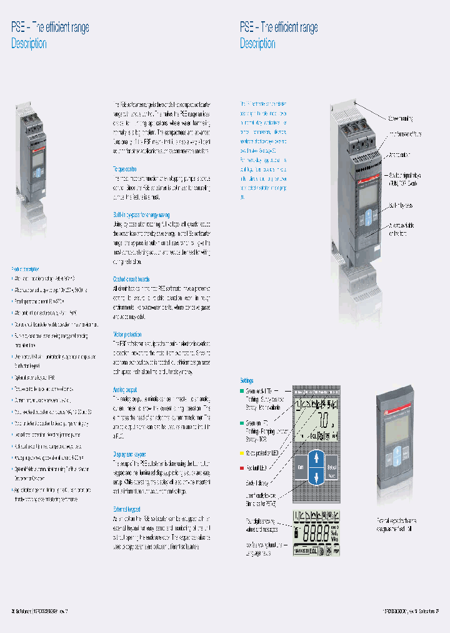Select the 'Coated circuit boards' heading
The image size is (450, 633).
click(x=131, y=279)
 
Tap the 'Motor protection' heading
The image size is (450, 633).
click(x=127, y=334)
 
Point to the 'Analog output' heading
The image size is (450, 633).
click(x=124, y=389)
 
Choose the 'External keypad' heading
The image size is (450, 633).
click(x=127, y=510)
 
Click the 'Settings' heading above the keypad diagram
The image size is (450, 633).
click(x=247, y=380)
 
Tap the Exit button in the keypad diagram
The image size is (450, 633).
click(x=300, y=466)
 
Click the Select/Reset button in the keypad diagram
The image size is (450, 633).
click(x=331, y=466)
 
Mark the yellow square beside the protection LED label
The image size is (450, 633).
click(x=242, y=451)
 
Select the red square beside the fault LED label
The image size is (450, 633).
click(x=242, y=467)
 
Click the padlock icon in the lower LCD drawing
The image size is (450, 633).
click(x=297, y=530)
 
